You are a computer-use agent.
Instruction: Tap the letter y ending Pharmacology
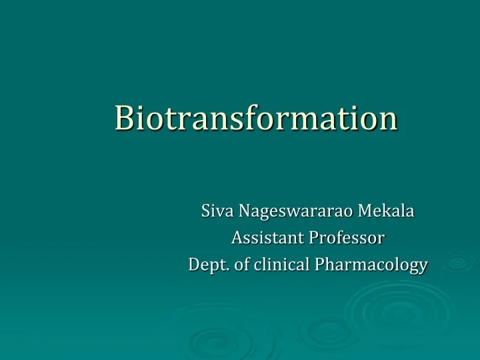pos(423,267)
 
